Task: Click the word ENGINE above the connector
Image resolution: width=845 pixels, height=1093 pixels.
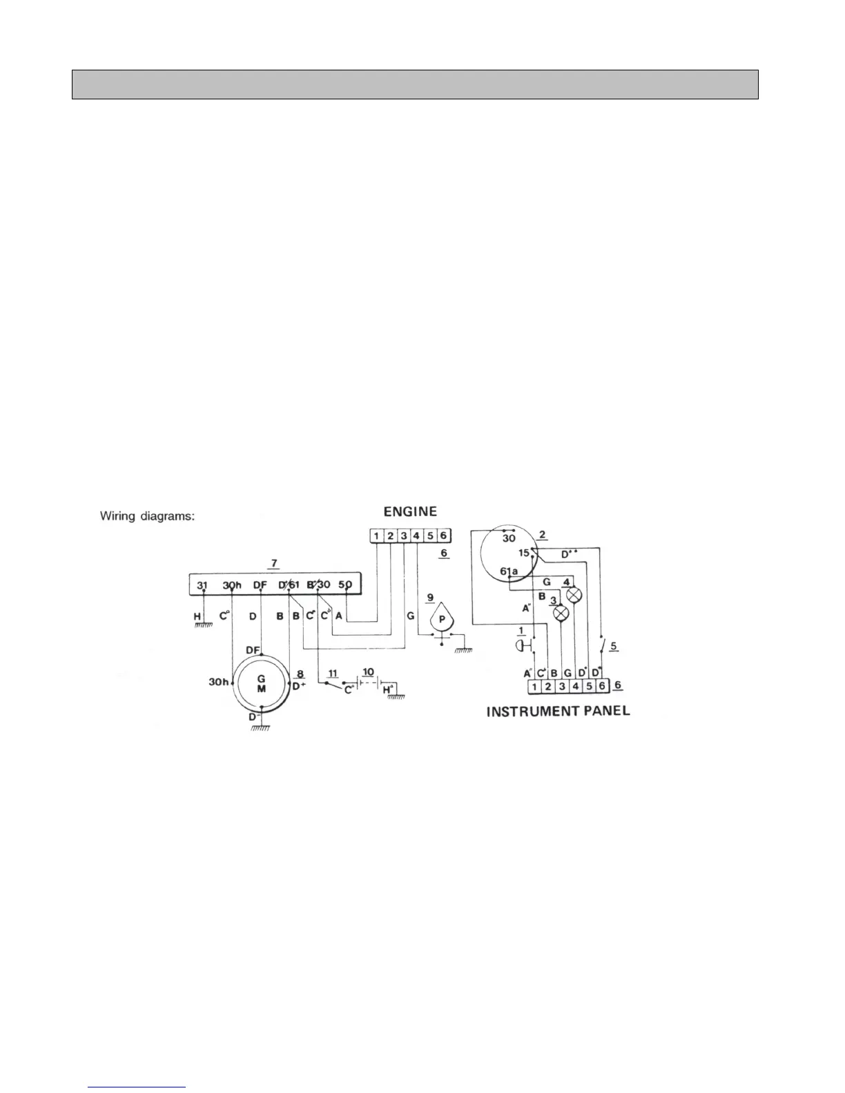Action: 410,512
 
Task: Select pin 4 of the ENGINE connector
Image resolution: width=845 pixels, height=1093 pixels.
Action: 416,536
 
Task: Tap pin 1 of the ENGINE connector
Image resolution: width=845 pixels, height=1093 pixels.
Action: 376,536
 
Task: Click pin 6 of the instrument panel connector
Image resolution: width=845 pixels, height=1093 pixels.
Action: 602,687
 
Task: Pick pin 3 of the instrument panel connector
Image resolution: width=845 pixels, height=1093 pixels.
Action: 562,687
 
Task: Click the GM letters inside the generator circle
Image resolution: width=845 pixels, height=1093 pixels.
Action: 262,684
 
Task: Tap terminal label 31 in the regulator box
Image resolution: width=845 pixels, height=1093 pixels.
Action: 202,585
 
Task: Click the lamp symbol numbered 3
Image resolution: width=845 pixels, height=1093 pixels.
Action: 561,612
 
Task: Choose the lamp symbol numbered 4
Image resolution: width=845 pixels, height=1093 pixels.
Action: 574,595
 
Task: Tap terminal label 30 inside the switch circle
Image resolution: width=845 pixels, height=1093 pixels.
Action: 508,539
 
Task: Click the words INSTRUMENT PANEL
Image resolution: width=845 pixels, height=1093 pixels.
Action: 558,711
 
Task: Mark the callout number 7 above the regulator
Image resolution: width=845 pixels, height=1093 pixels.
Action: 274,564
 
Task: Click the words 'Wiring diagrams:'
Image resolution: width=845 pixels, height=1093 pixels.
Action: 147,515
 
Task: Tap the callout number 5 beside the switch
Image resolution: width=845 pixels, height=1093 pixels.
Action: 614,647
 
